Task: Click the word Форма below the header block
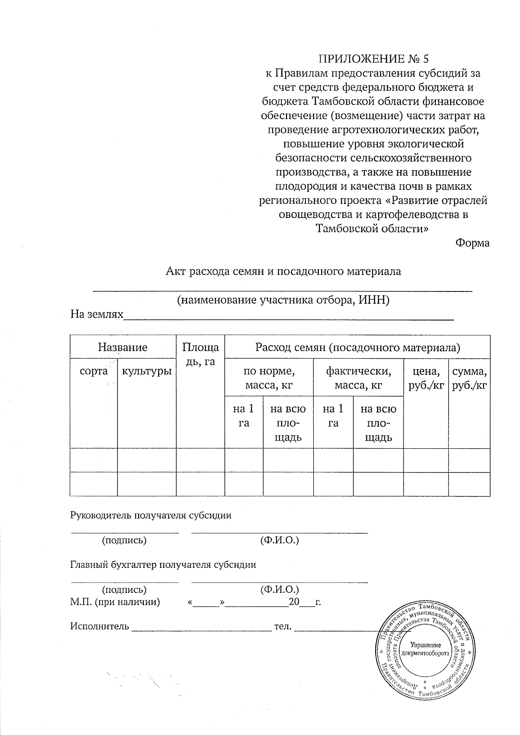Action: [472, 243]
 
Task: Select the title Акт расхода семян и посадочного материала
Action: [284, 272]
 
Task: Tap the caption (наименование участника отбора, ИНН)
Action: [283, 300]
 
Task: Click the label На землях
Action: [97, 314]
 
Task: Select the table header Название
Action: [123, 347]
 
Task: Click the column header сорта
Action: [94, 371]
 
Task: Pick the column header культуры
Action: [146, 371]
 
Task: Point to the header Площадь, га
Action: [200, 354]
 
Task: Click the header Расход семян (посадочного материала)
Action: [357, 347]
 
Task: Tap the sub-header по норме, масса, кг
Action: [269, 378]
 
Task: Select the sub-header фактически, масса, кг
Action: [358, 378]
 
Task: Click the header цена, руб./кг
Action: [426, 378]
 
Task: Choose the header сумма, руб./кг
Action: [469, 378]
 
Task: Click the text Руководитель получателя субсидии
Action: [151, 515]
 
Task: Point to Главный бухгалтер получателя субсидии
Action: [163, 565]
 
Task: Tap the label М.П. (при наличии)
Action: [115, 602]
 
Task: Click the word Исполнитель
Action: [100, 626]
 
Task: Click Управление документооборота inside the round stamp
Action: [426, 648]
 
